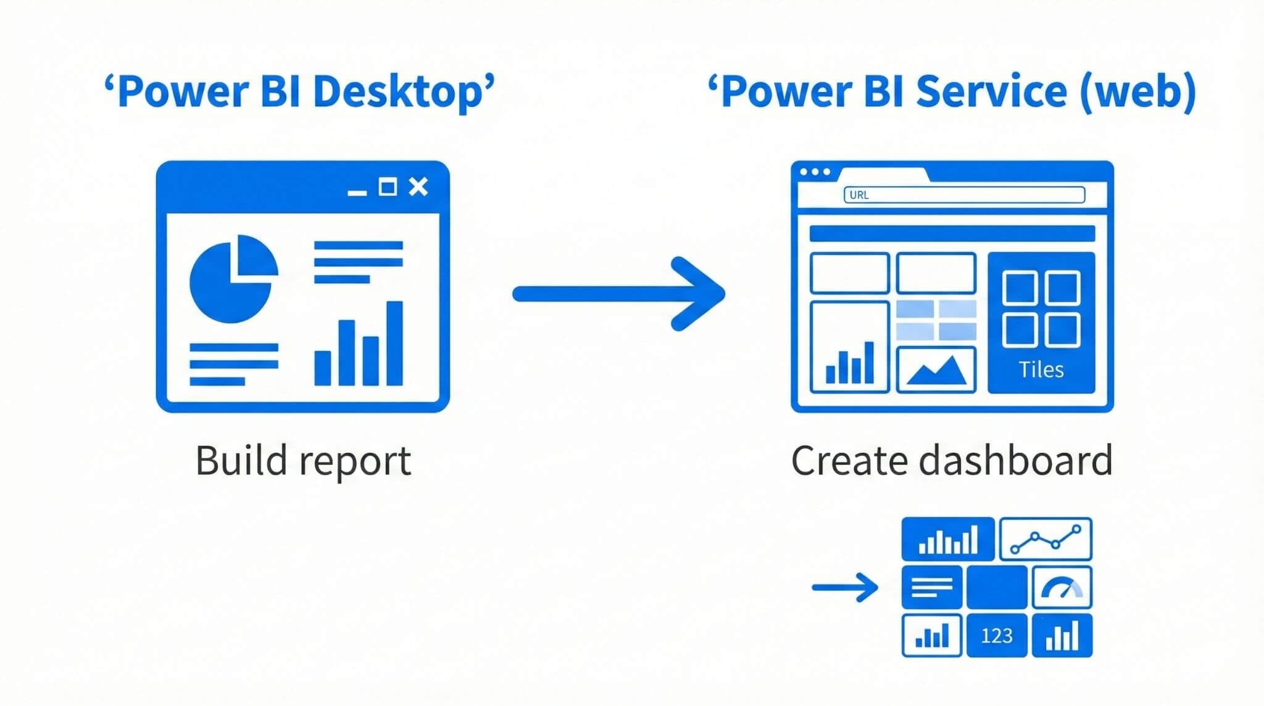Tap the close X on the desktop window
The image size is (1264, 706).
[x=418, y=186]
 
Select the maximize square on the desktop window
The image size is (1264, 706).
[x=388, y=186]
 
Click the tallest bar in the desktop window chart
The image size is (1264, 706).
[x=394, y=343]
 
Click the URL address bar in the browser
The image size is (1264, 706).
[x=964, y=195]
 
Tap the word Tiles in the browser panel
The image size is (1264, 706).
[x=1041, y=369]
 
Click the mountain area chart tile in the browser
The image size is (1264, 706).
[x=936, y=370]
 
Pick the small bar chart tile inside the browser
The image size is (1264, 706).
[x=849, y=348]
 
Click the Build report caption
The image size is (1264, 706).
[x=303, y=461]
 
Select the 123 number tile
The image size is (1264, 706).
[x=996, y=636]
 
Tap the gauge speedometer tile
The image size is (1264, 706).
[x=1062, y=587]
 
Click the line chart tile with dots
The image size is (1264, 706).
[x=1045, y=539]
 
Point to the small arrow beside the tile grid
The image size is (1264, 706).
[x=844, y=587]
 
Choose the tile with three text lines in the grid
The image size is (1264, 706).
[x=931, y=587]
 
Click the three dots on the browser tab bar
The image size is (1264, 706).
[x=815, y=172]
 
